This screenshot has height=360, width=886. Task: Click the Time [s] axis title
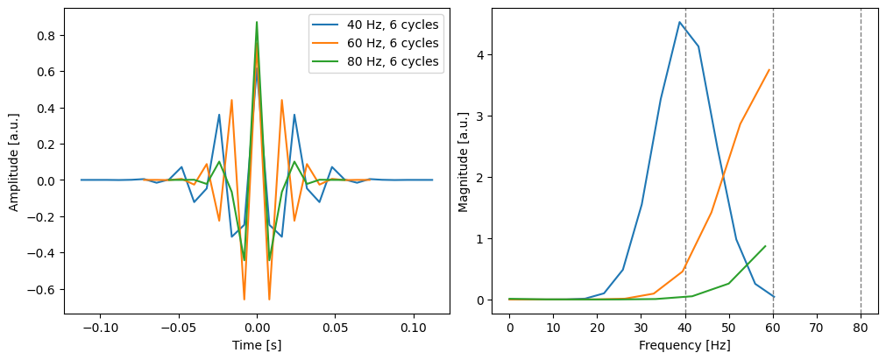tap(257, 346)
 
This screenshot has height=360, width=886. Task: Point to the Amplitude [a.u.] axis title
tap(14, 161)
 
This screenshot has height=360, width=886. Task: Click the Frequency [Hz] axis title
tap(684, 346)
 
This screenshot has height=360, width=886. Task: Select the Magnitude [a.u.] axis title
tap(464, 161)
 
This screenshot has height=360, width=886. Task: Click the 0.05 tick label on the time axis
tap(335, 328)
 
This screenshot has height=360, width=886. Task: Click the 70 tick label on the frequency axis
tap(817, 328)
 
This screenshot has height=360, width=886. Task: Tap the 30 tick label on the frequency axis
tap(641, 328)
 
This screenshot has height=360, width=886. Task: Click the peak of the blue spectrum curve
tap(679, 22)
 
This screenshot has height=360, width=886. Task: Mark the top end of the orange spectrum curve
tap(769, 70)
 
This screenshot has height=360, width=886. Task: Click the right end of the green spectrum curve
tap(765, 246)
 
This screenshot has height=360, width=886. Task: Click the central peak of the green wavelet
tap(257, 22)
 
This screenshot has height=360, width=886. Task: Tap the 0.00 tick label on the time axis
tap(256, 328)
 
